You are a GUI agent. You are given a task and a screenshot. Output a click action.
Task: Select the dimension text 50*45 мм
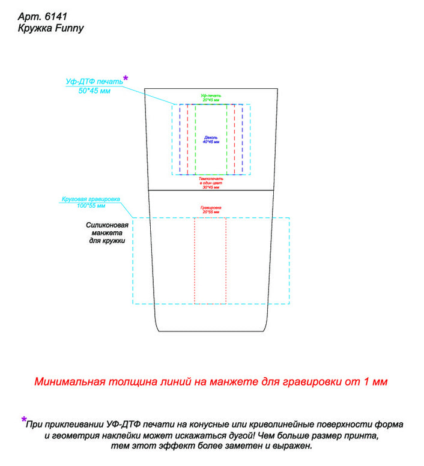click(95, 91)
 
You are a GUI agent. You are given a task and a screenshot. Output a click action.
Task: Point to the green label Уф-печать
click(211, 95)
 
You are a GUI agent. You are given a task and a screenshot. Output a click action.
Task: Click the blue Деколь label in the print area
click(211, 137)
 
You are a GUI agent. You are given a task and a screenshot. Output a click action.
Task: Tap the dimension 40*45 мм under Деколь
click(211, 142)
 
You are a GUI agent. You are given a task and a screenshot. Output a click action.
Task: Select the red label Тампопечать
click(211, 179)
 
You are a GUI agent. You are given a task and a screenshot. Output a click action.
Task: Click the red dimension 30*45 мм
click(211, 187)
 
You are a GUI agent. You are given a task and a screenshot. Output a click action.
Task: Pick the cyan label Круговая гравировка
click(91, 199)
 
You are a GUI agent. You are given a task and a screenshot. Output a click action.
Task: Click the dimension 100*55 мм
click(91, 206)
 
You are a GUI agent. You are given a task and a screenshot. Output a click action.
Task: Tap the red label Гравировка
click(211, 208)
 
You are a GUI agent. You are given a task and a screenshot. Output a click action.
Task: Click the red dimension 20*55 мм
click(211, 213)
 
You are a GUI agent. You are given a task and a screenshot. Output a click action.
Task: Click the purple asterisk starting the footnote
click(24, 420)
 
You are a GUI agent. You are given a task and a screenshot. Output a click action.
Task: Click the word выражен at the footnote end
click(294, 446)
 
